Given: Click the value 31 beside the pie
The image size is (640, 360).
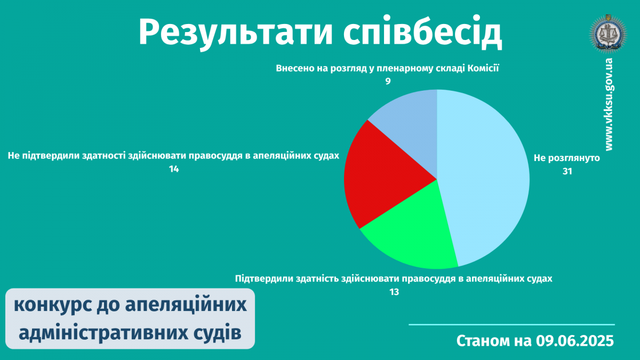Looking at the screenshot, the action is point(567,171).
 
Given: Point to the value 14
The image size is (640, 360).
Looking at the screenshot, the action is point(174,169).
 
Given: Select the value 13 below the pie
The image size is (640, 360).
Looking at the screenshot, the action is point(394,292).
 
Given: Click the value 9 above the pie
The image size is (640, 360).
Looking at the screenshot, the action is point(388,82).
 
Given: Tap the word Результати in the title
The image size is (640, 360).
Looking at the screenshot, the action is point(236,33).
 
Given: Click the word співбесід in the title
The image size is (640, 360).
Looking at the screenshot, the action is point(422,32).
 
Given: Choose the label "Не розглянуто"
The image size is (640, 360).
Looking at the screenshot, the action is point(567,158).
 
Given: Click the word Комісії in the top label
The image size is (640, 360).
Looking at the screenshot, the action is point(483,68).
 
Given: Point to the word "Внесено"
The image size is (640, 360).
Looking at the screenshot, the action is point(294,69).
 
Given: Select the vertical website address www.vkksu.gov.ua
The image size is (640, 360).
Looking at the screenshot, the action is point(609,105).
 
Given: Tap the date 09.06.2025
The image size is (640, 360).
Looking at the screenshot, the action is point(575,341).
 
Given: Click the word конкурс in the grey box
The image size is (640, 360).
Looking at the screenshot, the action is point(53,305).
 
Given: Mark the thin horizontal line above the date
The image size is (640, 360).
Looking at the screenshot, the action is point(511,325).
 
